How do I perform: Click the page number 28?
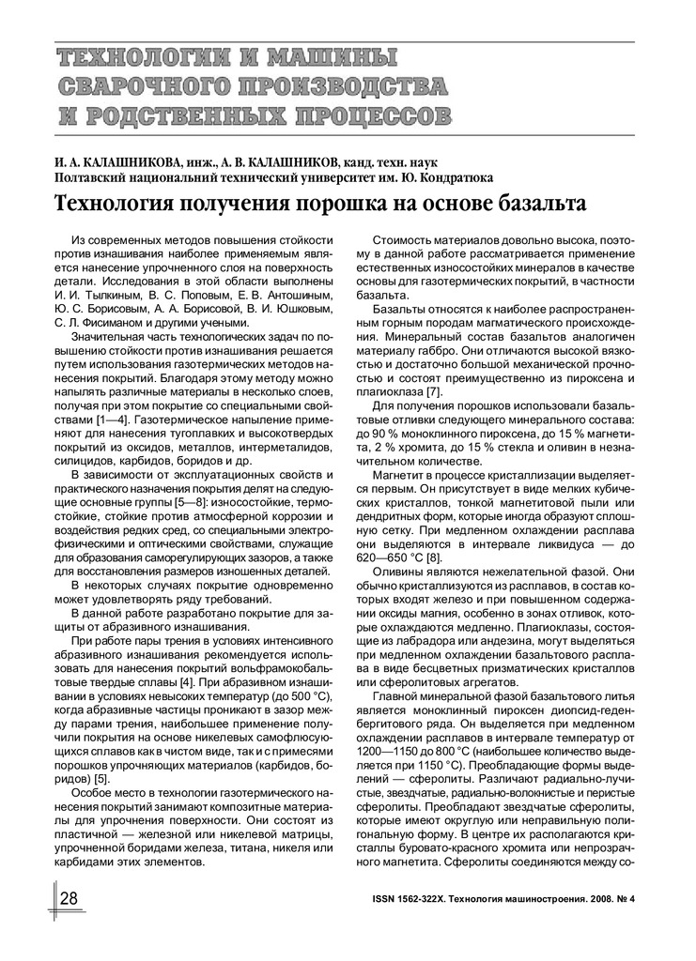(69, 898)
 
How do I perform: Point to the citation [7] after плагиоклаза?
(433, 390)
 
